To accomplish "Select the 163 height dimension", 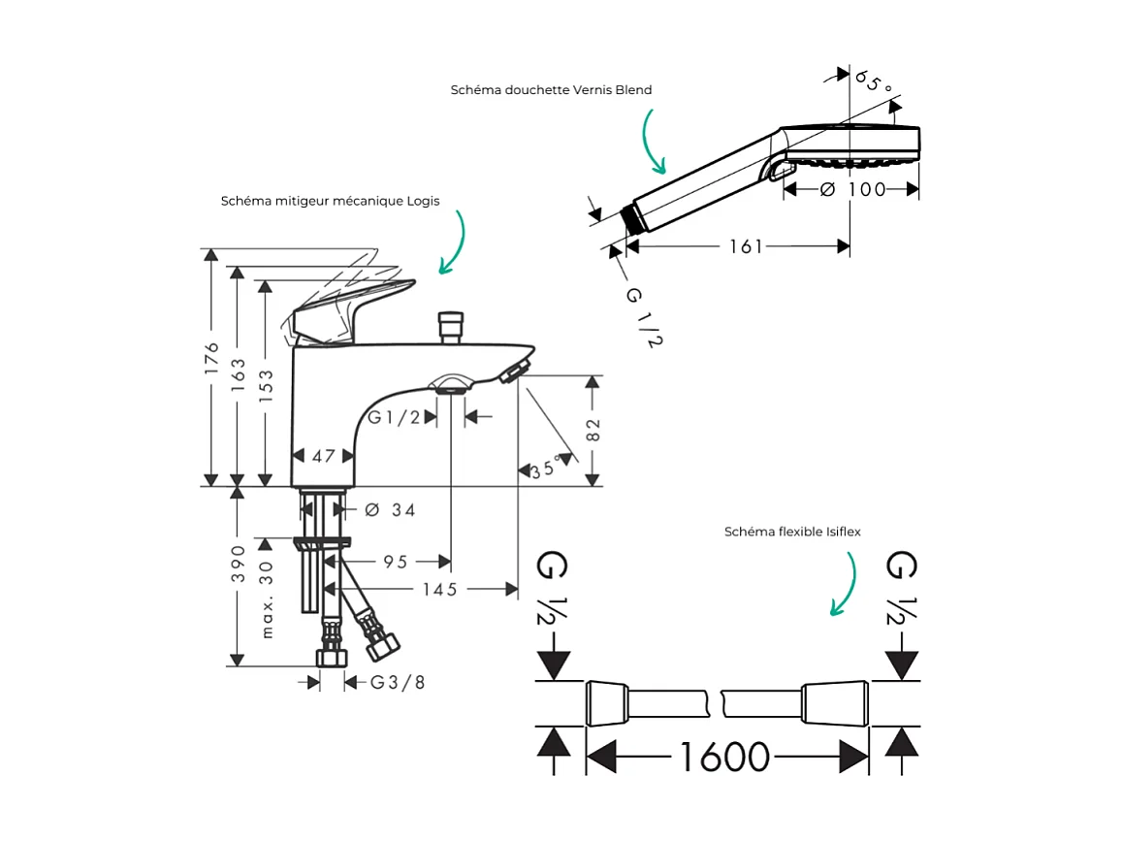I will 239,377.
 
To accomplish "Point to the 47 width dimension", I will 323,456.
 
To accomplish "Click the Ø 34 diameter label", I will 390,509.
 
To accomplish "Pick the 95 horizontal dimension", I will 395,562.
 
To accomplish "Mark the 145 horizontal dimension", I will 440,589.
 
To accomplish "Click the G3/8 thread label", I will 398,682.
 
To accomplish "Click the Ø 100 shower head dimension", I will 853,190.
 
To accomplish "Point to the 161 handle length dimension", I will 746,247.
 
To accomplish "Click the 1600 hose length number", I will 724,757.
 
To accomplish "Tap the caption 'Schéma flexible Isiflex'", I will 792,532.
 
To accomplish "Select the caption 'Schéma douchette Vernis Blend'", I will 551,90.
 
